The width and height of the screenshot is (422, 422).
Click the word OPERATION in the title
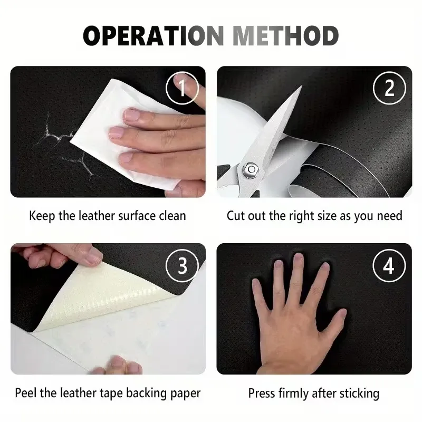(x=154, y=35)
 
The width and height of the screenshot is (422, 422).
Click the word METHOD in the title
(x=285, y=35)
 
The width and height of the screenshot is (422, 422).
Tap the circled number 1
(x=182, y=88)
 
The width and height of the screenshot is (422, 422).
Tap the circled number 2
(x=389, y=88)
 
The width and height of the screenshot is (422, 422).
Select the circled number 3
(x=182, y=266)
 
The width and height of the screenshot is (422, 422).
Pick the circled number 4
(x=389, y=266)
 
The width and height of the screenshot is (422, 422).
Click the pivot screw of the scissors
(x=251, y=169)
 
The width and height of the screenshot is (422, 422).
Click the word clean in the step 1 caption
(x=172, y=216)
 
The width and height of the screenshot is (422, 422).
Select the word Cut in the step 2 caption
(x=236, y=216)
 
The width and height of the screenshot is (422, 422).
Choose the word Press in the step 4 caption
(x=262, y=393)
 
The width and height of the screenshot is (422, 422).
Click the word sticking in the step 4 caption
(x=359, y=394)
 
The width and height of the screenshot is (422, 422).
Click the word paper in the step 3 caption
(x=186, y=394)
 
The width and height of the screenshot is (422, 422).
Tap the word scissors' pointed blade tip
(x=301, y=87)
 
